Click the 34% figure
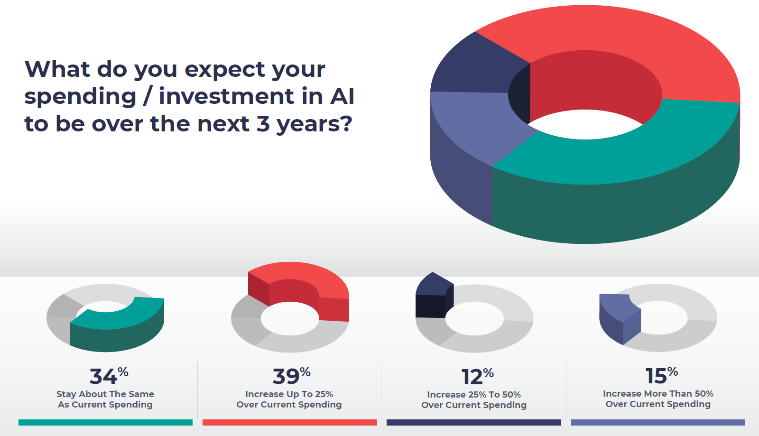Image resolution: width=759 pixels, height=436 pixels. tap(109, 376)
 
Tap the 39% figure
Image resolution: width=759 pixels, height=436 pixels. tap(291, 376)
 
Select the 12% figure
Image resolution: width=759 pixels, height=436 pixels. tap(477, 376)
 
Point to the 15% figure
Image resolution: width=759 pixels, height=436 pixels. tap(661, 375)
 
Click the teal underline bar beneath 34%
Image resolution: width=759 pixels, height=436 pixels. tap(105, 422)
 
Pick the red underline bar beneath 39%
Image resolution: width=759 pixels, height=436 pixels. tap(290, 422)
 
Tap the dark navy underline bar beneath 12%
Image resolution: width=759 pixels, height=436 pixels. tap(474, 422)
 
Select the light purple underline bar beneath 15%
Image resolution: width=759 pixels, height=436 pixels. tap(658, 422)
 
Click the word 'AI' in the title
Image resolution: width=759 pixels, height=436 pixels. tap(342, 96)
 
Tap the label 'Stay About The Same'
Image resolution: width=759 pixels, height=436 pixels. tap(105, 394)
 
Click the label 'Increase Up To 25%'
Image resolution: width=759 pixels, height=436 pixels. tap(289, 394)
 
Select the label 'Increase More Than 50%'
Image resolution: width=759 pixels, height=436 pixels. tap(658, 394)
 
